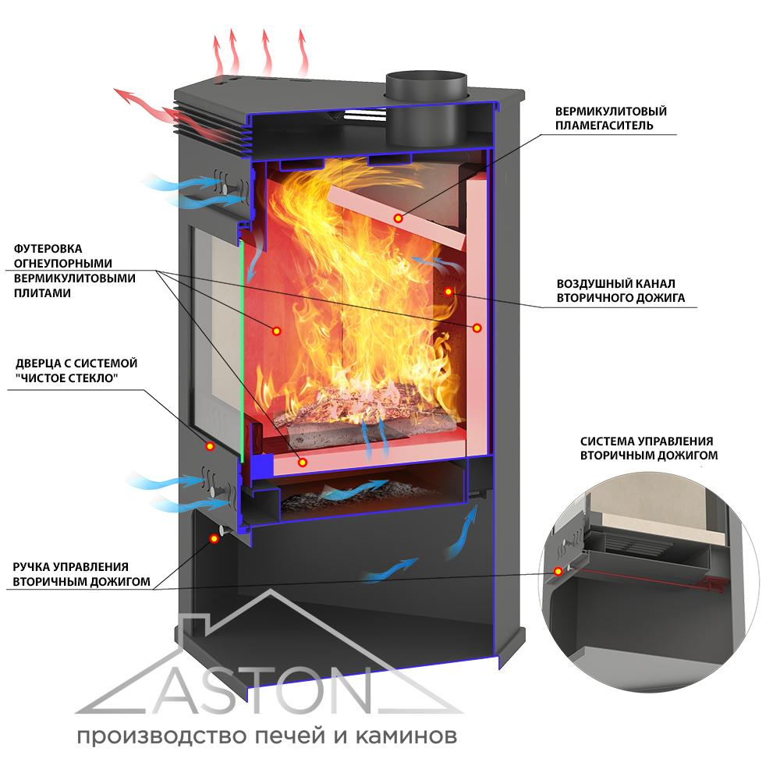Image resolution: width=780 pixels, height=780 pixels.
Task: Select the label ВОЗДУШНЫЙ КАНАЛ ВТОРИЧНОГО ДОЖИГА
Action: pos(621,290)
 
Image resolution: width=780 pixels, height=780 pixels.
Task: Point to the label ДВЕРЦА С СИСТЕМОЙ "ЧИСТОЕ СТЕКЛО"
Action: pos(76,371)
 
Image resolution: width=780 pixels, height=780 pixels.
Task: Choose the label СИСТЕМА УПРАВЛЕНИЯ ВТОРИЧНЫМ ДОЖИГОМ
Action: pos(648,448)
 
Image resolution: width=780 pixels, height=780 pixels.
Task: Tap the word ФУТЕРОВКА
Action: pos(48,248)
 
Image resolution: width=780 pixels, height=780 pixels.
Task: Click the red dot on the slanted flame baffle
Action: pos(398,218)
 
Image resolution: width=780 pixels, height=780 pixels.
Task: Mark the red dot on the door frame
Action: pos(210,446)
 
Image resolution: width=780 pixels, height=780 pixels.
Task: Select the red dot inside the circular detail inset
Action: pos(558,571)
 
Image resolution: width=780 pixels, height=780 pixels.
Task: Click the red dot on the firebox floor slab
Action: pos(303,463)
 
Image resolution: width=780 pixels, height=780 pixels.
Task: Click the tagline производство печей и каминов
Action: pos(266,736)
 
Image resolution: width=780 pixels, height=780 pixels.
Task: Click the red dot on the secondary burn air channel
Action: pos(448,291)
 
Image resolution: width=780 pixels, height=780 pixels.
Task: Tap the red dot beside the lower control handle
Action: pos(214,538)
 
